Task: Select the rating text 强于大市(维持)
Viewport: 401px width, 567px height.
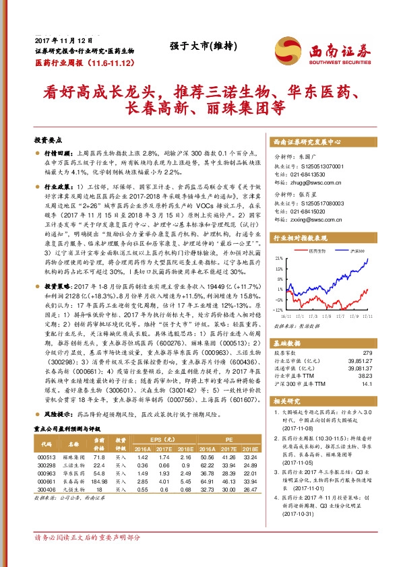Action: [x=198, y=46]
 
